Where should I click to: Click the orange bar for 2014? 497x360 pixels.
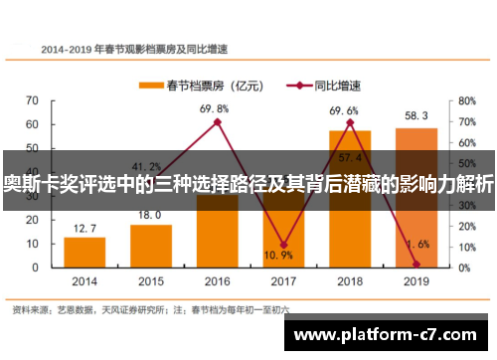pos(84,252)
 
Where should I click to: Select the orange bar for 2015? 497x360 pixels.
pos(150,246)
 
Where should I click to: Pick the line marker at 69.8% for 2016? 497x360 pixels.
pos(217,121)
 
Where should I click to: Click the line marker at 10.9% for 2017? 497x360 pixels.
pos(283,244)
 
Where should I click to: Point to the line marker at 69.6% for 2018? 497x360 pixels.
pos(350,122)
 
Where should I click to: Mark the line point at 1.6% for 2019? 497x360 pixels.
pos(415,264)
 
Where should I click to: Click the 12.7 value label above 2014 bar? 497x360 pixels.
pos(84,229)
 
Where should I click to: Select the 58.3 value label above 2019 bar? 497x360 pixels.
pos(415,116)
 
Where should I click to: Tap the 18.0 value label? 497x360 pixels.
pos(150,216)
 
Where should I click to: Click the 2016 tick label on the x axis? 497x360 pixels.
pos(217,280)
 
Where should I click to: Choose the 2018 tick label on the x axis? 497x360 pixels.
pos(350,280)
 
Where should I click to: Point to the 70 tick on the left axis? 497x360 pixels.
pos(32,100)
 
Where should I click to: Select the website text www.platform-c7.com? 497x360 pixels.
pos(389,335)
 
